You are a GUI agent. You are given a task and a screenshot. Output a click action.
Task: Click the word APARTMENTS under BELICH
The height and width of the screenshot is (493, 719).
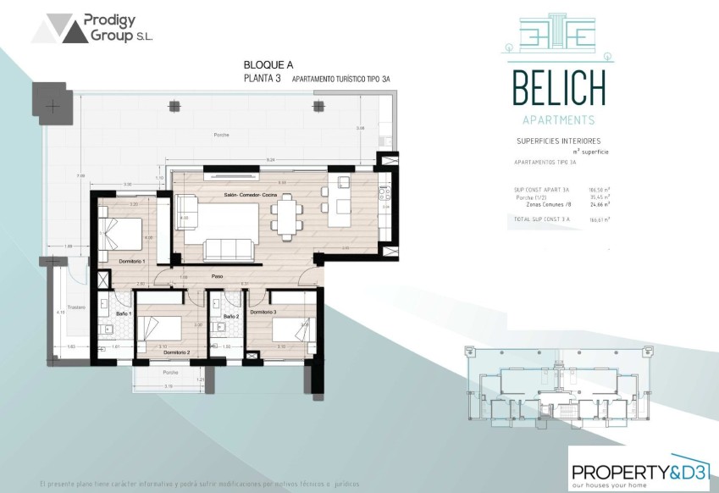point(559,119)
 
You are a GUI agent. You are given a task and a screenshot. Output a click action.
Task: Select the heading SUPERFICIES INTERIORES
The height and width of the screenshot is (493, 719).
point(558,141)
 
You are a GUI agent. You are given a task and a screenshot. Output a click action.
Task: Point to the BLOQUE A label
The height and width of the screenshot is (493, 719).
point(264,65)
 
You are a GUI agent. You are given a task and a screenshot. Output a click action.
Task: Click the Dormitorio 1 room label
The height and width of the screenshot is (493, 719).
point(133,261)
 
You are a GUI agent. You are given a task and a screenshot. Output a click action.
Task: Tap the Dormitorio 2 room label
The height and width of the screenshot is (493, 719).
point(176,352)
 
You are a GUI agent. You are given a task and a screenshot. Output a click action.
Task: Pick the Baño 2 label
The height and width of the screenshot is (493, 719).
point(231,317)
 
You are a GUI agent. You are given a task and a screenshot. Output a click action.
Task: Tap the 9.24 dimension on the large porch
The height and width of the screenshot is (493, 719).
point(270,159)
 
